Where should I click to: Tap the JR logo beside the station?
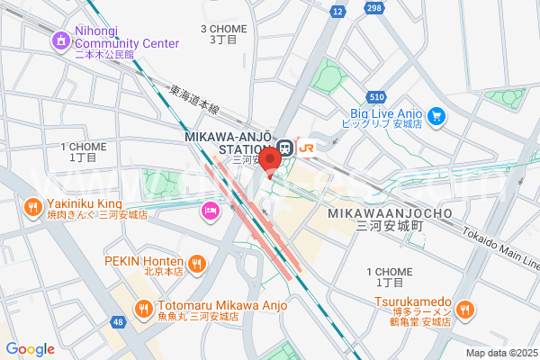[307, 147]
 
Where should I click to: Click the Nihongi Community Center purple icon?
[60, 40]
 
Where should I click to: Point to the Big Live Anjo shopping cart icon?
[436, 115]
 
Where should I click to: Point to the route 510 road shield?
[377, 97]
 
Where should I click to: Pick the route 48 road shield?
[119, 321]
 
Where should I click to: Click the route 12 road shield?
[337, 11]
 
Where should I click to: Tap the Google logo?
[30, 349]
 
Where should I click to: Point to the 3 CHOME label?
[223, 29]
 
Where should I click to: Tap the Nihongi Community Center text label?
[115, 35]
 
